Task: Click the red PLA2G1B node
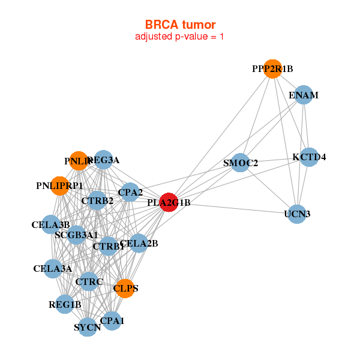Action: tap(169, 202)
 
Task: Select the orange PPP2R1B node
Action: tap(272, 69)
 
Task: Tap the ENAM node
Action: tap(304, 95)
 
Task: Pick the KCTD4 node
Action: tap(309, 157)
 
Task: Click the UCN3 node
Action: tap(297, 214)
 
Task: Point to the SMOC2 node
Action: tap(241, 163)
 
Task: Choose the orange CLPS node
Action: tap(125, 288)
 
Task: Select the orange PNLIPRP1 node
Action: tap(59, 185)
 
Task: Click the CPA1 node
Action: tap(112, 321)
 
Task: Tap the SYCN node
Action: tap(88, 327)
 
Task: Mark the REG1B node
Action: tap(65, 305)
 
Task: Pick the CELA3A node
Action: tap(53, 268)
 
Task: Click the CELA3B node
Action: tap(51, 225)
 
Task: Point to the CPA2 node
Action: tap(130, 192)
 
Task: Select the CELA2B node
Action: tap(139, 243)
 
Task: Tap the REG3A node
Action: tap(103, 160)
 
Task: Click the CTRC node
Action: tap(89, 281)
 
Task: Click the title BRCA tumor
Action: tap(180, 25)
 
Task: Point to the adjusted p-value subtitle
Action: tap(180, 37)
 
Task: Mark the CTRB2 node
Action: tap(97, 200)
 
